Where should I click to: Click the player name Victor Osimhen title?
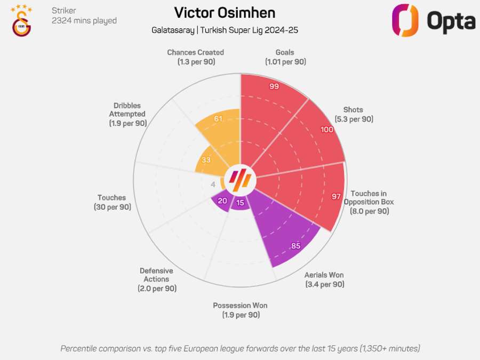[225, 13]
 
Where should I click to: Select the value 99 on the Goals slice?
[274, 86]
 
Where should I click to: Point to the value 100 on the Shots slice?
[327, 130]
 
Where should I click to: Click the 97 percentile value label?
[336, 196]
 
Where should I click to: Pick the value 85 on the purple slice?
[296, 246]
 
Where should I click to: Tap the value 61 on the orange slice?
[218, 118]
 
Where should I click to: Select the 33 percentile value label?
[205, 159]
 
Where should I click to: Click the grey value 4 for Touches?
[213, 185]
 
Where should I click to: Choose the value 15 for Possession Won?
[240, 203]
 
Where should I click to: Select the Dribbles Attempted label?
[127, 114]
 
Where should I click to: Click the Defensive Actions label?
[156, 279]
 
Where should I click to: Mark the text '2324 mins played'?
[84, 21]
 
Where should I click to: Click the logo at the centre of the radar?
[240, 180]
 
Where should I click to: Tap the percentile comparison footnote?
[240, 348]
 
